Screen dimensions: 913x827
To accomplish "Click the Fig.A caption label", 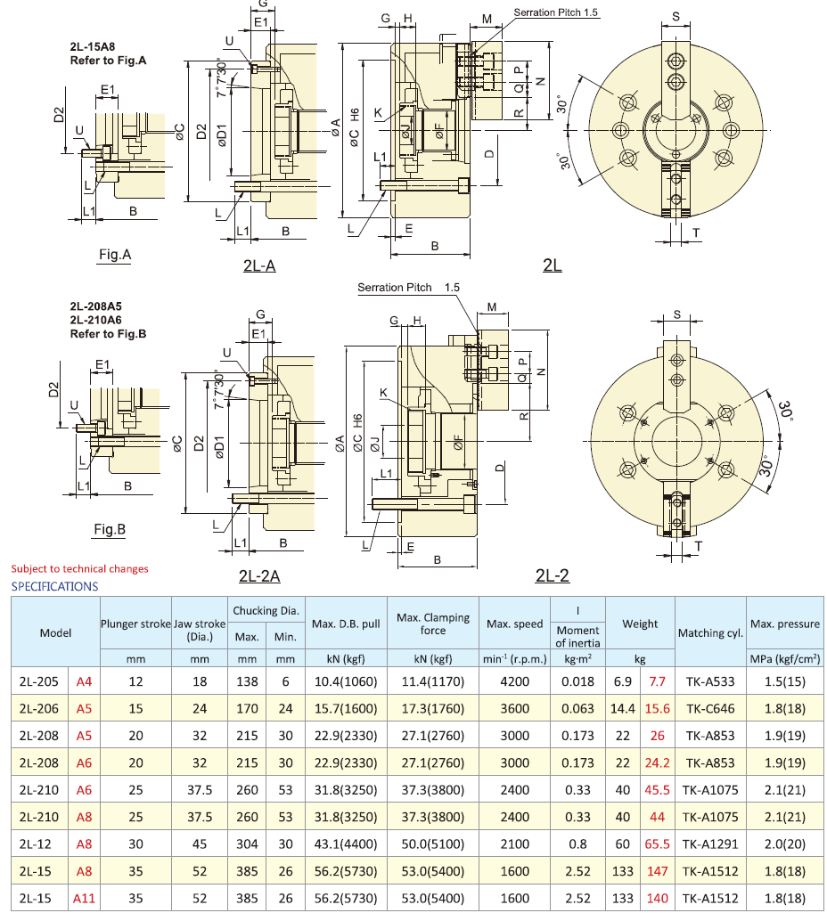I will coord(115,255).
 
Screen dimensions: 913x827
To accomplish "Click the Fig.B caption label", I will coord(110,529).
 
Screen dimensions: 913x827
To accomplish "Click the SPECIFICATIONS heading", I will coord(54,586).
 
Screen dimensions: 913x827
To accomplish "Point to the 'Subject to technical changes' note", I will coord(79,568).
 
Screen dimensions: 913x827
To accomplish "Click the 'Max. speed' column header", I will coord(515,624).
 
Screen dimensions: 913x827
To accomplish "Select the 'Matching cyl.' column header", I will coord(710,632).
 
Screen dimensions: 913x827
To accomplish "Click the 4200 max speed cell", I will coord(515,682).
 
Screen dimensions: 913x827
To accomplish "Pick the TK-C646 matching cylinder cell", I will coord(710,709).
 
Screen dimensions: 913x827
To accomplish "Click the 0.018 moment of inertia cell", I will coord(577,682).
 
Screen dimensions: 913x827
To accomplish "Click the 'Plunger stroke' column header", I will coord(135,624).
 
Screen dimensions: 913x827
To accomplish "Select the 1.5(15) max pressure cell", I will coord(783,682).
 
